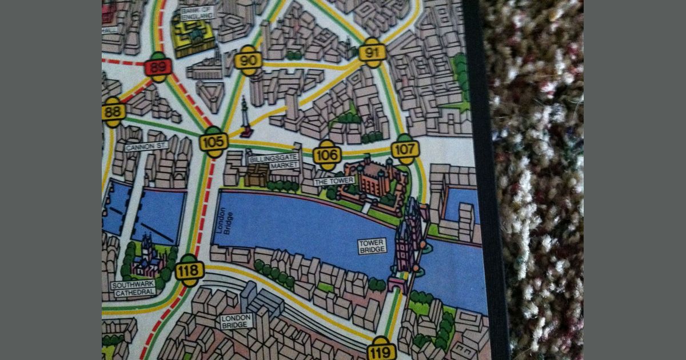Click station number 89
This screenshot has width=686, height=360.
(158, 67)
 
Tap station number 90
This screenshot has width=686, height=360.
(248, 61)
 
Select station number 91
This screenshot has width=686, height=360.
(372, 53)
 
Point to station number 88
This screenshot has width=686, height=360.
(113, 111)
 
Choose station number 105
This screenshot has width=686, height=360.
(214, 142)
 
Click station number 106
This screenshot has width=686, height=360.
(327, 155)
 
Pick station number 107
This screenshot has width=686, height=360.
(405, 149)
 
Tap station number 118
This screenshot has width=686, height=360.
(189, 270)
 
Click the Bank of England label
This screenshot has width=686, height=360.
(197, 13)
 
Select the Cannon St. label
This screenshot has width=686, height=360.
(146, 147)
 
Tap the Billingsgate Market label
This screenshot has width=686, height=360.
(274, 162)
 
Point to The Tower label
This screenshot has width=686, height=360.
(334, 181)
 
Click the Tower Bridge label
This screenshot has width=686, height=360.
(372, 246)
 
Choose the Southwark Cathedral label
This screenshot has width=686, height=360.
(134, 288)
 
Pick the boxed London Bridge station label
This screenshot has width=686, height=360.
(236, 321)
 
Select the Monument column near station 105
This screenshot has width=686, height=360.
(246, 117)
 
